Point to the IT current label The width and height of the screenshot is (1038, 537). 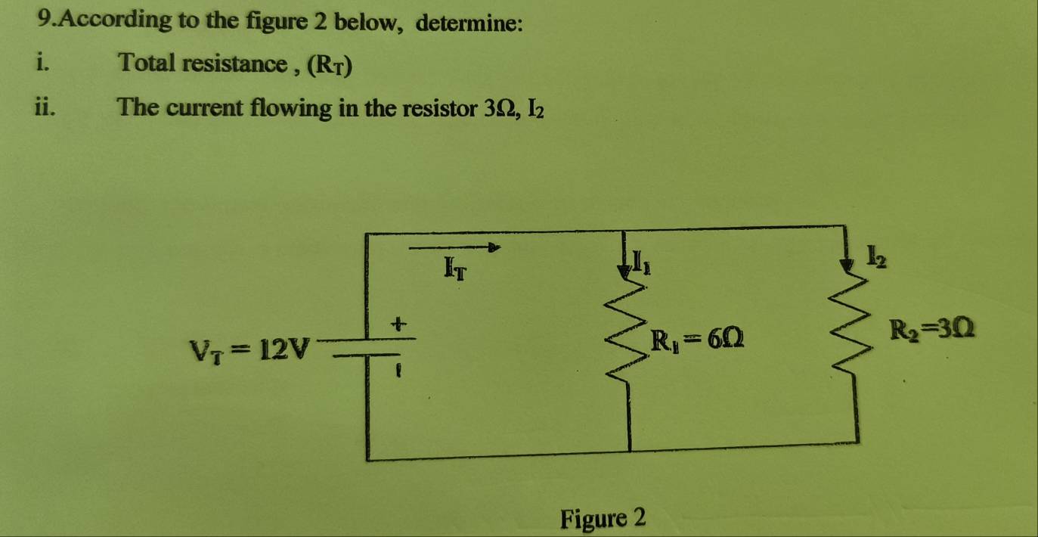point(456,266)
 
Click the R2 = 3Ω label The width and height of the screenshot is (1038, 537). point(931,331)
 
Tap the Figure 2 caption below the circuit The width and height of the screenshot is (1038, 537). point(603,519)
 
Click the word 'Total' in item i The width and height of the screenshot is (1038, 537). point(144,63)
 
